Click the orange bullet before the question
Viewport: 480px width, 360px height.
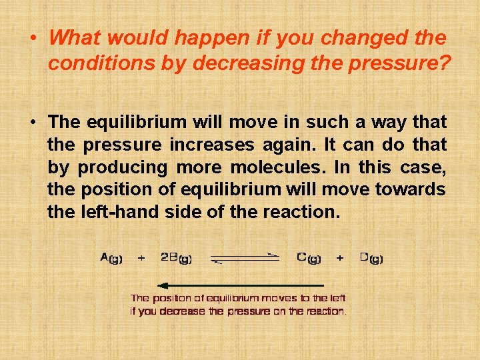tap(33, 37)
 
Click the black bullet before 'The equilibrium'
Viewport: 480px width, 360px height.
tap(33, 122)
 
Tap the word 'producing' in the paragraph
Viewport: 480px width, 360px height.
tap(123, 167)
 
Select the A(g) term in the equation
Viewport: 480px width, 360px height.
tap(111, 258)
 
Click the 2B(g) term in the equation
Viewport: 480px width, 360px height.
tap(176, 258)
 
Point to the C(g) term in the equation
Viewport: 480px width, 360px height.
tap(309, 258)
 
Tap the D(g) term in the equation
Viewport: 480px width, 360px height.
tap(371, 258)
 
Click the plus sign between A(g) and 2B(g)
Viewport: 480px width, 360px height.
tap(141, 258)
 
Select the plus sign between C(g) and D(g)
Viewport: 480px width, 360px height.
tap(340, 258)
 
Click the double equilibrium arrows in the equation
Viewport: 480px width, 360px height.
tap(245, 258)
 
